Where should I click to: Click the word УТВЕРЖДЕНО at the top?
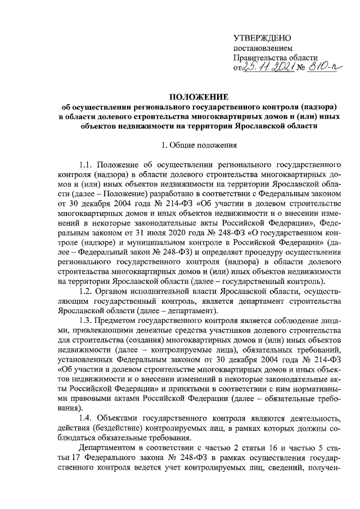pyautogui.click(x=262, y=38)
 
